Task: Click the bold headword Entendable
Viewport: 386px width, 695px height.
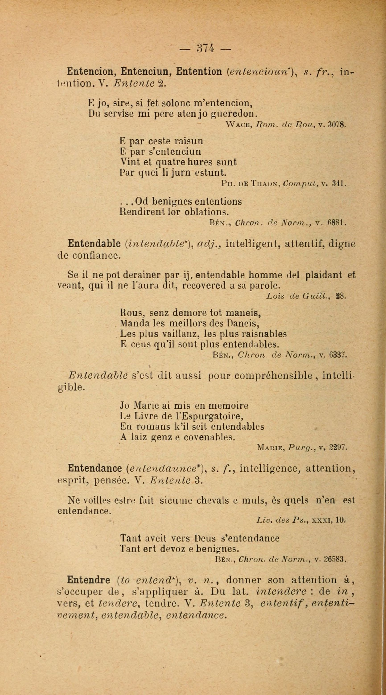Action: click(94, 244)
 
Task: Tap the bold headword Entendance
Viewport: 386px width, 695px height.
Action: click(95, 469)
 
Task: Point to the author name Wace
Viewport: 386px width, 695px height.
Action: click(239, 125)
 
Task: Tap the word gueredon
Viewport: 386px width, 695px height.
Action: click(232, 114)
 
